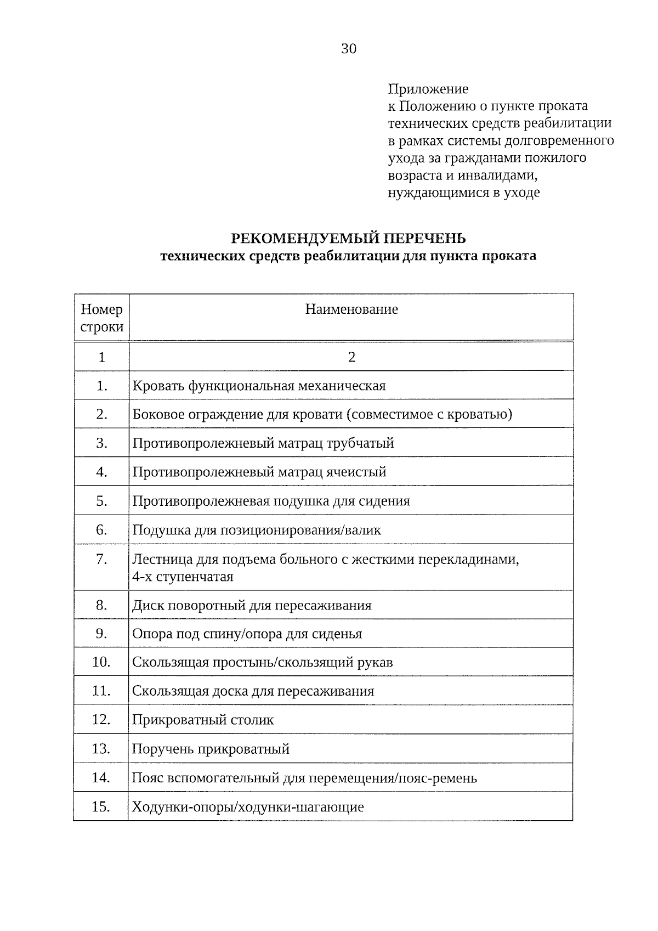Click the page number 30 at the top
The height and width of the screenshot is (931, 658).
tap(349, 49)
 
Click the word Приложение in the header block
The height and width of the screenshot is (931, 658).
tap(428, 89)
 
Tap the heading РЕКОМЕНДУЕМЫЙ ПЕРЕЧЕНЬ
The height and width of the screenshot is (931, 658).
tap(348, 238)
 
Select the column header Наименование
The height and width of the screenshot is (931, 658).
tap(351, 309)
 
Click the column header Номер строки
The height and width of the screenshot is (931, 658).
tap(102, 318)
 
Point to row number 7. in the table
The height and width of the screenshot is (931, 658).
tap(101, 559)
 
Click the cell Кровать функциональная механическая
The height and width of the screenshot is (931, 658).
tap(259, 386)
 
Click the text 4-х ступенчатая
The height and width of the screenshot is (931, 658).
tap(183, 577)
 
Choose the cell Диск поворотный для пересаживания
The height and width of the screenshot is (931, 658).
tap(252, 606)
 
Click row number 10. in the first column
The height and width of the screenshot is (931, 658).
tap(101, 662)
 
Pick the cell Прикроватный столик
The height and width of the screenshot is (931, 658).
tap(203, 720)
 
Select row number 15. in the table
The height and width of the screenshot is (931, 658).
tap(101, 807)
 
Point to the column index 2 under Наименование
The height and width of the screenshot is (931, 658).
tap(351, 358)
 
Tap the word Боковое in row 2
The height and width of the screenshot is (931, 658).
tap(158, 414)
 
